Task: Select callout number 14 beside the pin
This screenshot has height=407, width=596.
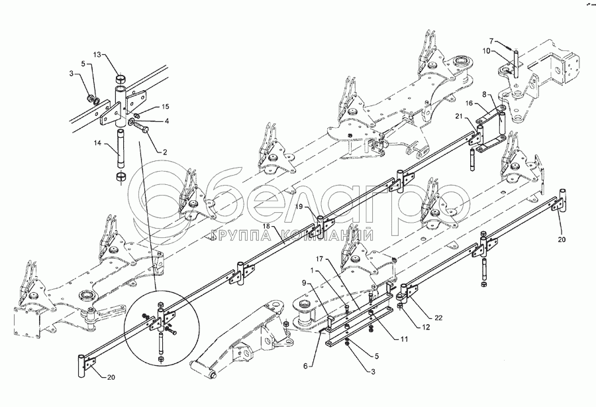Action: click(x=97, y=143)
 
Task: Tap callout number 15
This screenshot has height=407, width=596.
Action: click(x=165, y=106)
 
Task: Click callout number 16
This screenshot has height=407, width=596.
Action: click(x=469, y=104)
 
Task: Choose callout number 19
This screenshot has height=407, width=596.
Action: click(x=299, y=207)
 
